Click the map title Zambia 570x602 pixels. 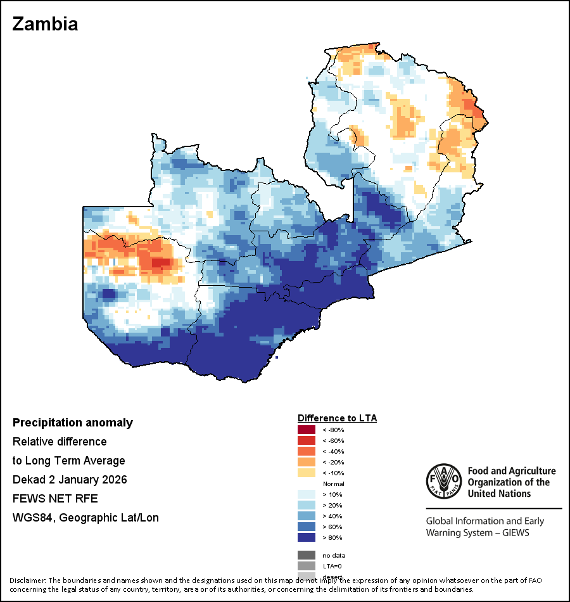pos(46,24)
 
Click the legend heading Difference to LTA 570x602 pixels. pos(337,418)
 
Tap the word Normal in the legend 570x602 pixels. pos(333,484)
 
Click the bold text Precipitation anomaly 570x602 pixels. pos(73,423)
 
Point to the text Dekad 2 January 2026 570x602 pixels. pos(70,480)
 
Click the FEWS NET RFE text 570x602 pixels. pos(55,499)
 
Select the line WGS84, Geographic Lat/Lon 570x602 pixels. pos(85,518)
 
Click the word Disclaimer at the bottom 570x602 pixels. pos(27,580)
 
